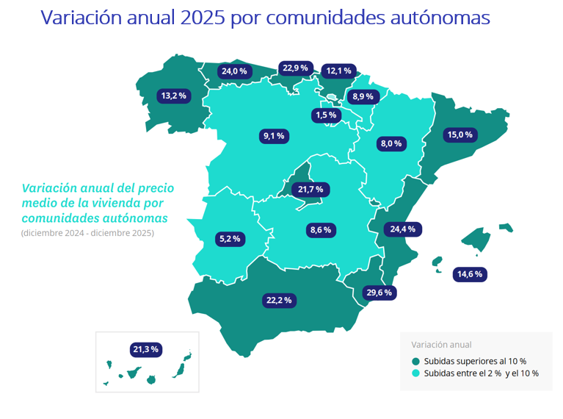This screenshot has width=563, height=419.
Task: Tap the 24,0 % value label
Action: coord(235,71)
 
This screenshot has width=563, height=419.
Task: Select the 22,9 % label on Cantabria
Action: coord(295,68)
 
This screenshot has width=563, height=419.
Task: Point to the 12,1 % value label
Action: coord(339,71)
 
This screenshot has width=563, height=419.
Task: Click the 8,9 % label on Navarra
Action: coord(363,96)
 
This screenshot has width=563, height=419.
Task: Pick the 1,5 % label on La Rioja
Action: coord(325,115)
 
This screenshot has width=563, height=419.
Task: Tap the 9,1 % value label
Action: coord(273,135)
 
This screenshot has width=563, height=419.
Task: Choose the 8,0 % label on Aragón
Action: coord(390,144)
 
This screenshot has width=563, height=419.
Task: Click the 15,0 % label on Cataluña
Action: coord(461,135)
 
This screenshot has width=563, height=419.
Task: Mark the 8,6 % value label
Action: coord(321,230)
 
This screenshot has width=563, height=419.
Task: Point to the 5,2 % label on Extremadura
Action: coord(230,239)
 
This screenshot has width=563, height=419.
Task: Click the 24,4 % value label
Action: coord(403,229)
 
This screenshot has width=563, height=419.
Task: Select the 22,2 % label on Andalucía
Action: coord(278,300)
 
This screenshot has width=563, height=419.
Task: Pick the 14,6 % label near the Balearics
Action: coord(470,274)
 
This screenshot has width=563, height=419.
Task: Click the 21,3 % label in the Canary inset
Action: coord(145,348)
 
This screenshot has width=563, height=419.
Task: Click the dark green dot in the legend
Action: coord(416,361)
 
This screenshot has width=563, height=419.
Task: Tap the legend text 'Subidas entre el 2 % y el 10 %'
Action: coord(482,373)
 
